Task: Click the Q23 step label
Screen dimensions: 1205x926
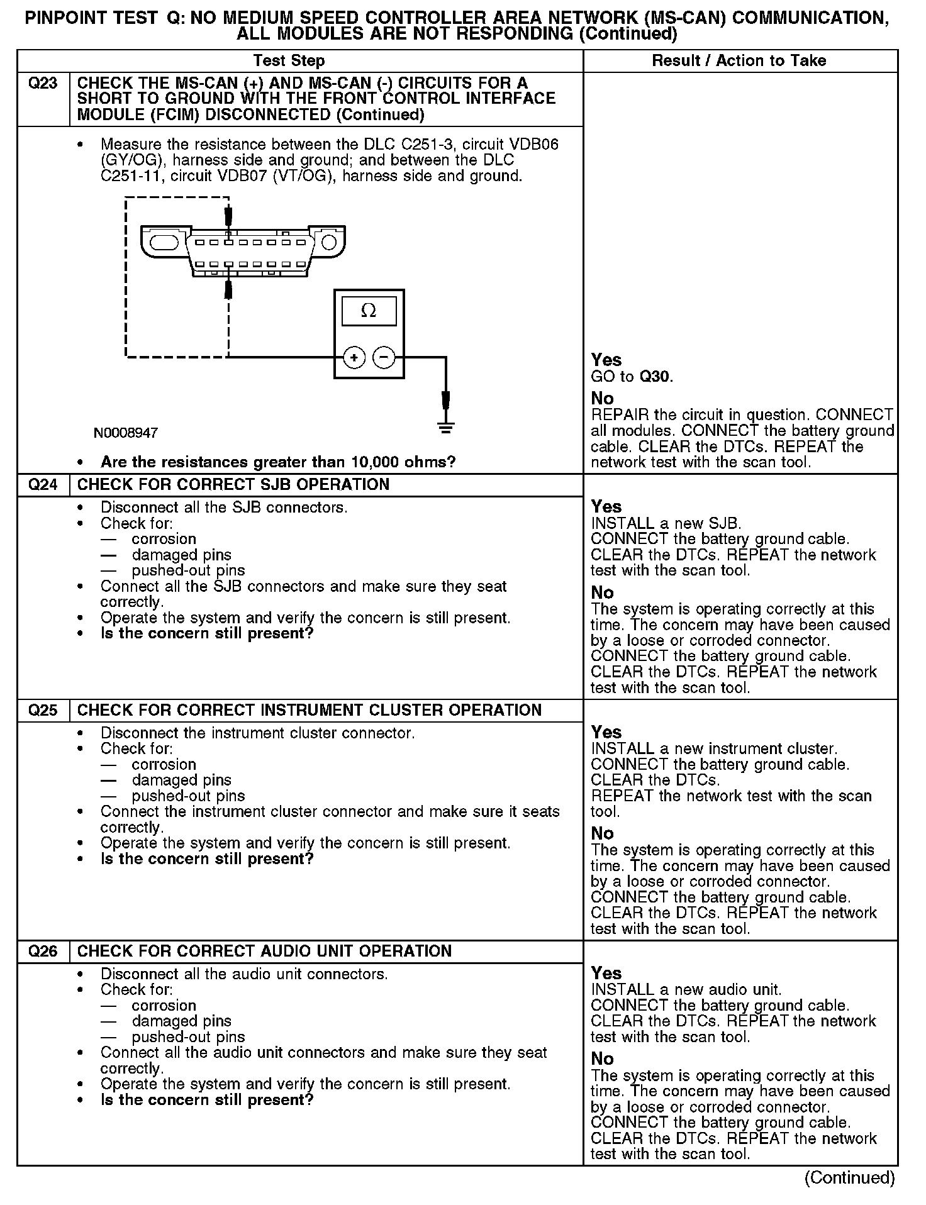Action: (x=43, y=84)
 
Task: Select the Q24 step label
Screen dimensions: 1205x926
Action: (x=43, y=485)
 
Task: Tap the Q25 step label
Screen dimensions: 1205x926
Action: (x=43, y=711)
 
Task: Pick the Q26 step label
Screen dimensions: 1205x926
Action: (x=43, y=952)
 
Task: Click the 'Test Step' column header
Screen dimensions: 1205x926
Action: (x=289, y=61)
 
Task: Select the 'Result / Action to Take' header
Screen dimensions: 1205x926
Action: (x=739, y=61)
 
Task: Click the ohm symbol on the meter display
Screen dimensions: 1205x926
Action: (x=369, y=311)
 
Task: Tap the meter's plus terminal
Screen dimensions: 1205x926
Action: (x=354, y=358)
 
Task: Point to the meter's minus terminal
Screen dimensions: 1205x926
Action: (x=384, y=358)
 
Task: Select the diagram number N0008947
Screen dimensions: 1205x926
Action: (x=126, y=433)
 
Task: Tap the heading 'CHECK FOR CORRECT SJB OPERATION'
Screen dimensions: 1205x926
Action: (x=233, y=485)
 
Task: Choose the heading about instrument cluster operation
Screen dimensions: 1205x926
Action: (x=309, y=711)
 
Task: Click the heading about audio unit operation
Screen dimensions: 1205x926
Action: (x=264, y=952)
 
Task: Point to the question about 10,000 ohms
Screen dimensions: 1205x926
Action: (x=278, y=462)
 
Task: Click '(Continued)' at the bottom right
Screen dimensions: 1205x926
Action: (x=849, y=1178)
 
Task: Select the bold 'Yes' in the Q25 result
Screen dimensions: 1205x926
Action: (x=606, y=733)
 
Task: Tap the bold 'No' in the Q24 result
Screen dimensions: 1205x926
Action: (x=602, y=593)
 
